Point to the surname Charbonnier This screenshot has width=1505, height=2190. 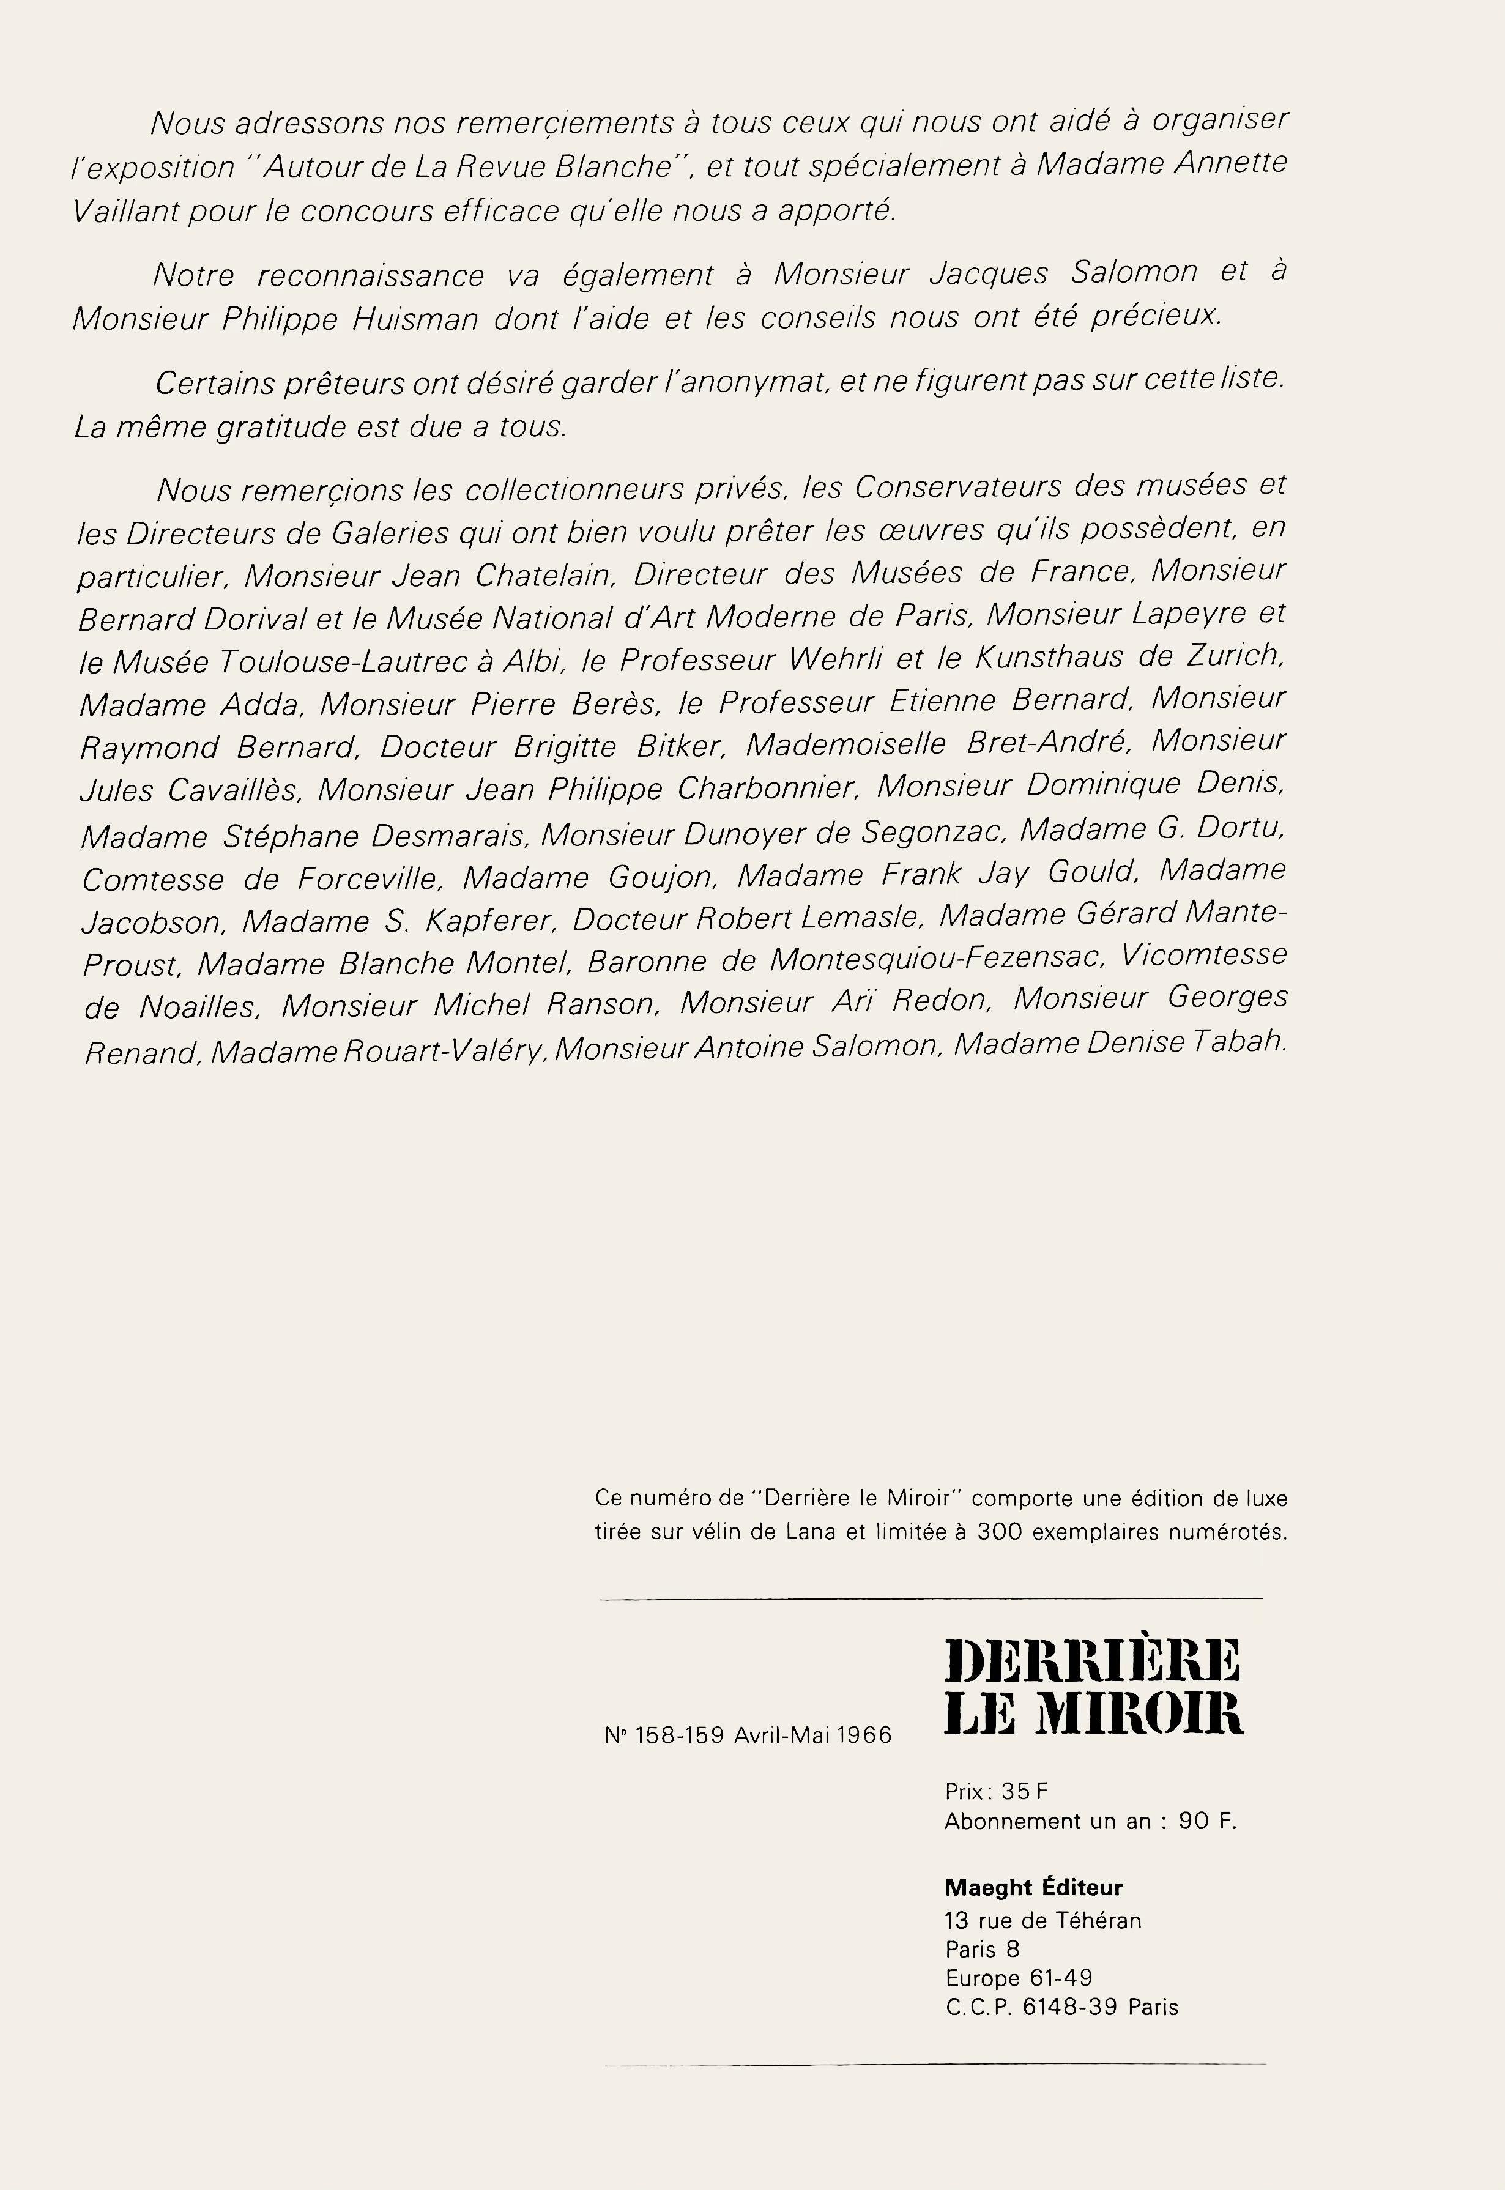click(x=765, y=788)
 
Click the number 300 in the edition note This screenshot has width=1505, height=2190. click(x=998, y=1532)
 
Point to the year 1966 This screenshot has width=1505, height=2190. click(x=863, y=1735)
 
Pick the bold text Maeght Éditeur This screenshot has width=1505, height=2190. click(x=1033, y=1887)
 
